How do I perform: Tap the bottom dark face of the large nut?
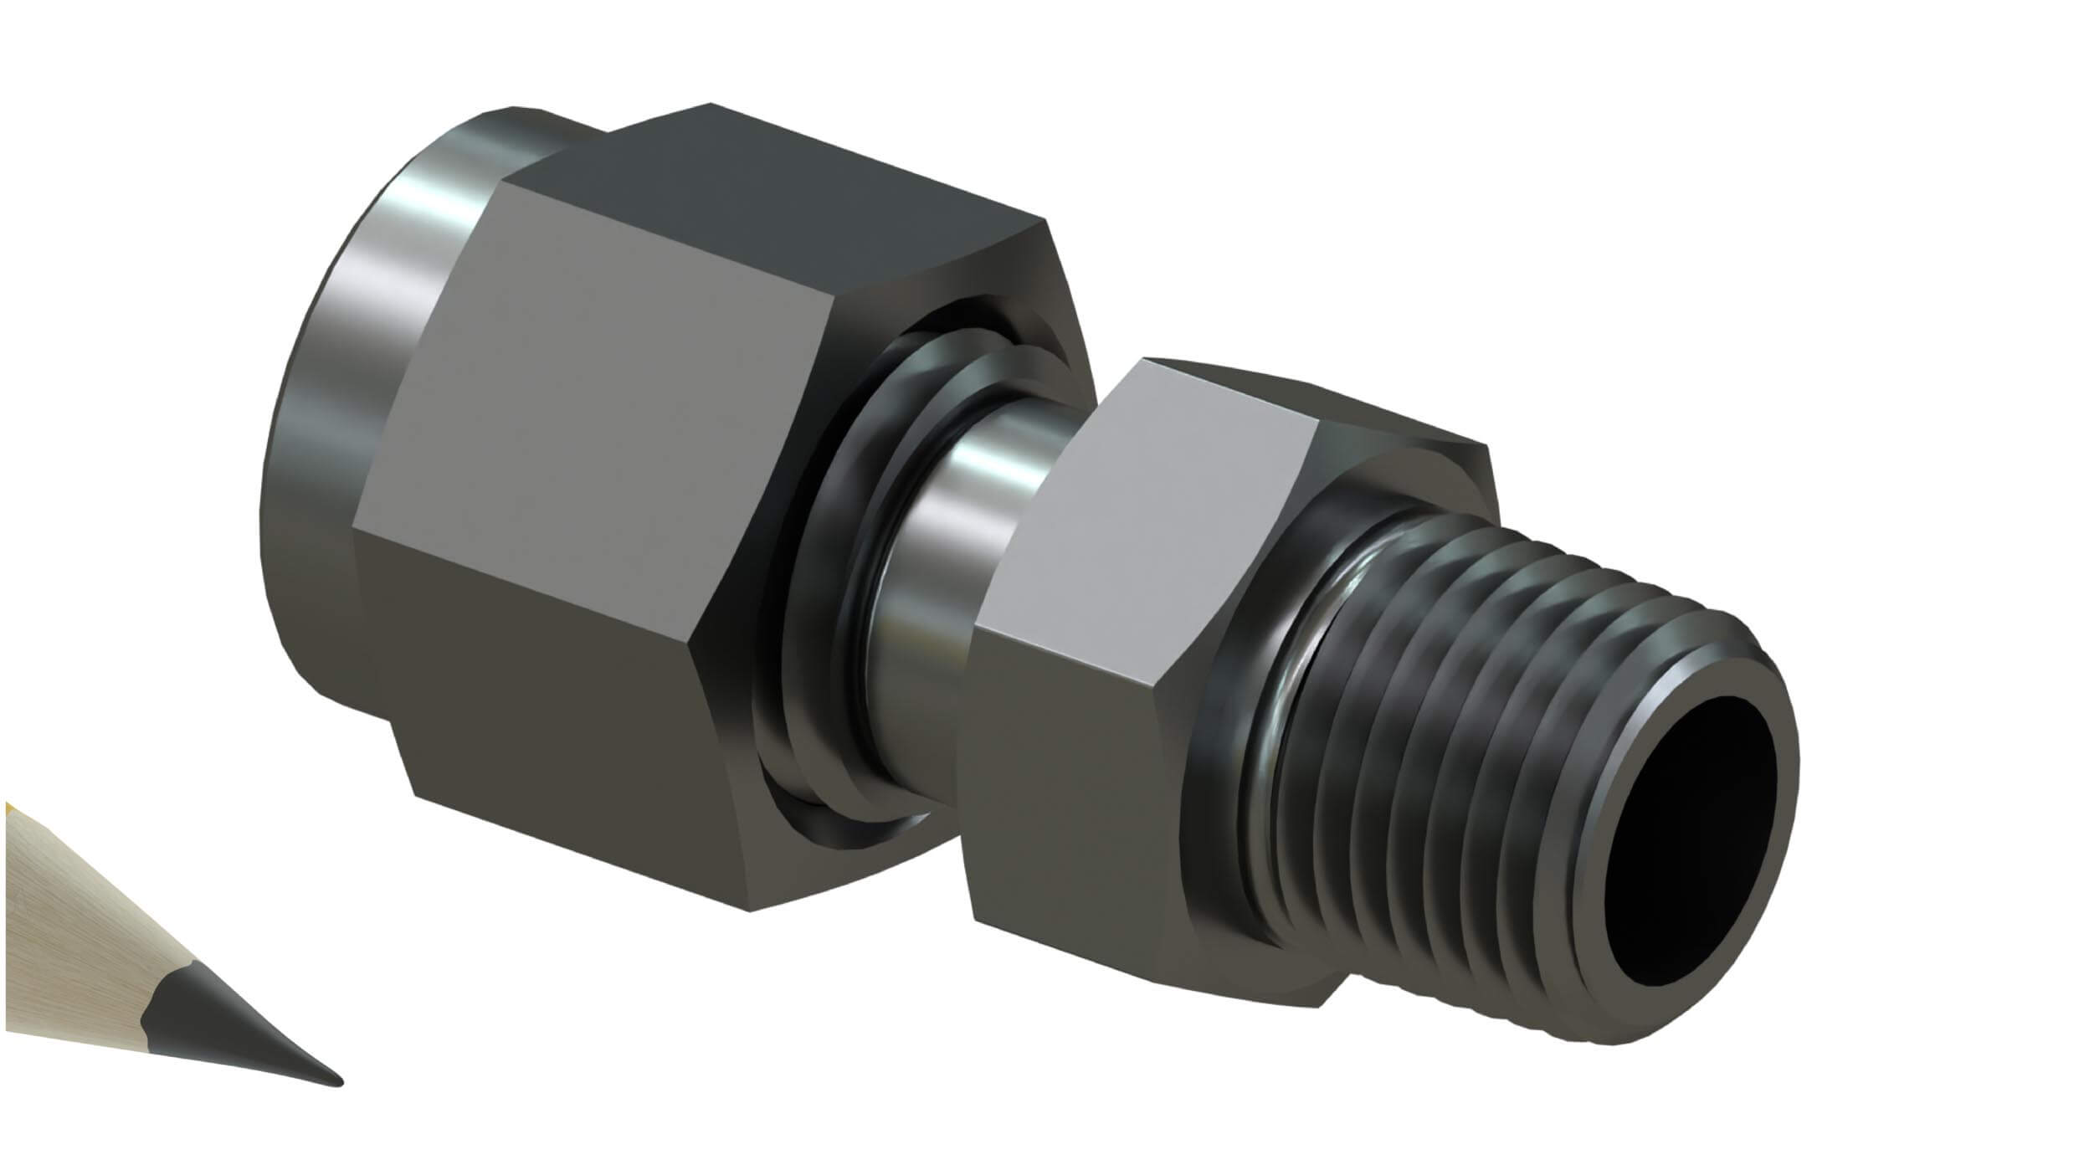coord(569,753)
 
